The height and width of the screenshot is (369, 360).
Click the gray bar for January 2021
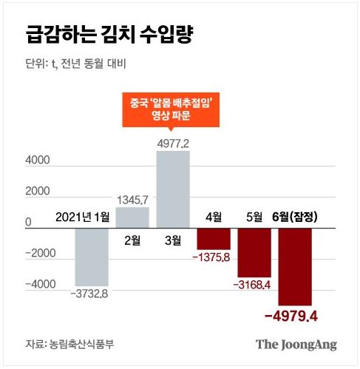[x=93, y=256]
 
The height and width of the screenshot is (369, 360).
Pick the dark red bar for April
[x=214, y=238]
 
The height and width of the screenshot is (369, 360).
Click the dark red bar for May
[x=254, y=251]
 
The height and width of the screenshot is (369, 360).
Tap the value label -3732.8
[x=94, y=294]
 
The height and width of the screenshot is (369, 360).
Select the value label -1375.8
[x=214, y=257]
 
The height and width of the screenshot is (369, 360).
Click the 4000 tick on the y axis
[x=38, y=160]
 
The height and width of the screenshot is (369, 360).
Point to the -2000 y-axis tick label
[x=35, y=253]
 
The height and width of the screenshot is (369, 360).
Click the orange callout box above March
[x=173, y=109]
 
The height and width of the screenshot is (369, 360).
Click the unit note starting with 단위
[x=75, y=64]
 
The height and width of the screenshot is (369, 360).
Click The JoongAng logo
[x=296, y=343]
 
